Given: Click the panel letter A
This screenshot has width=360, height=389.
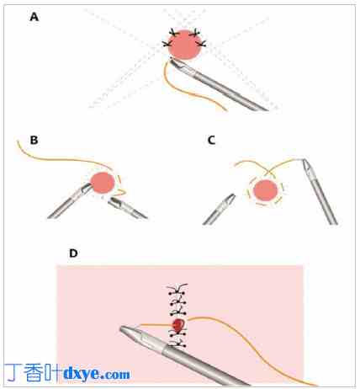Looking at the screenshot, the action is click(34, 17).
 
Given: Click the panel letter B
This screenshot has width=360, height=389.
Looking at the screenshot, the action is click(34, 140).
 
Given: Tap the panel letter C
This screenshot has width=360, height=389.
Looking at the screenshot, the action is click(211, 140).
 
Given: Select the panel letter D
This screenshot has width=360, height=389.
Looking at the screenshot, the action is click(73, 253).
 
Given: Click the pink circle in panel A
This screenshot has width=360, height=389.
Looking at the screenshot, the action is click(185, 45).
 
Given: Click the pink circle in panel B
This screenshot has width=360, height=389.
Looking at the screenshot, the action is click(103, 183).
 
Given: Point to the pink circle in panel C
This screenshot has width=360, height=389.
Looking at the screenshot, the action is click(265, 190).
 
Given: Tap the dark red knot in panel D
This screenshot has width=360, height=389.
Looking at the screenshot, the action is click(178, 325).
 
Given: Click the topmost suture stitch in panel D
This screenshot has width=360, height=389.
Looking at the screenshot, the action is click(177, 288).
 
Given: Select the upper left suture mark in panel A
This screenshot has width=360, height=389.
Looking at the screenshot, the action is click(174, 33).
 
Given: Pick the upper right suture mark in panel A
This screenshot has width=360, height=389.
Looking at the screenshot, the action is click(194, 33).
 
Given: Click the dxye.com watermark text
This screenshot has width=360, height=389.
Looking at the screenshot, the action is click(97, 374).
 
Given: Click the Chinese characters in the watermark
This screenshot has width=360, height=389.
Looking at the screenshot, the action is click(33, 373).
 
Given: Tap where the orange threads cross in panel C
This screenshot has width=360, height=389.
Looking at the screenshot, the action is click(268, 171).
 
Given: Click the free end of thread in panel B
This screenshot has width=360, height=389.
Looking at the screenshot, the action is click(18, 141).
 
